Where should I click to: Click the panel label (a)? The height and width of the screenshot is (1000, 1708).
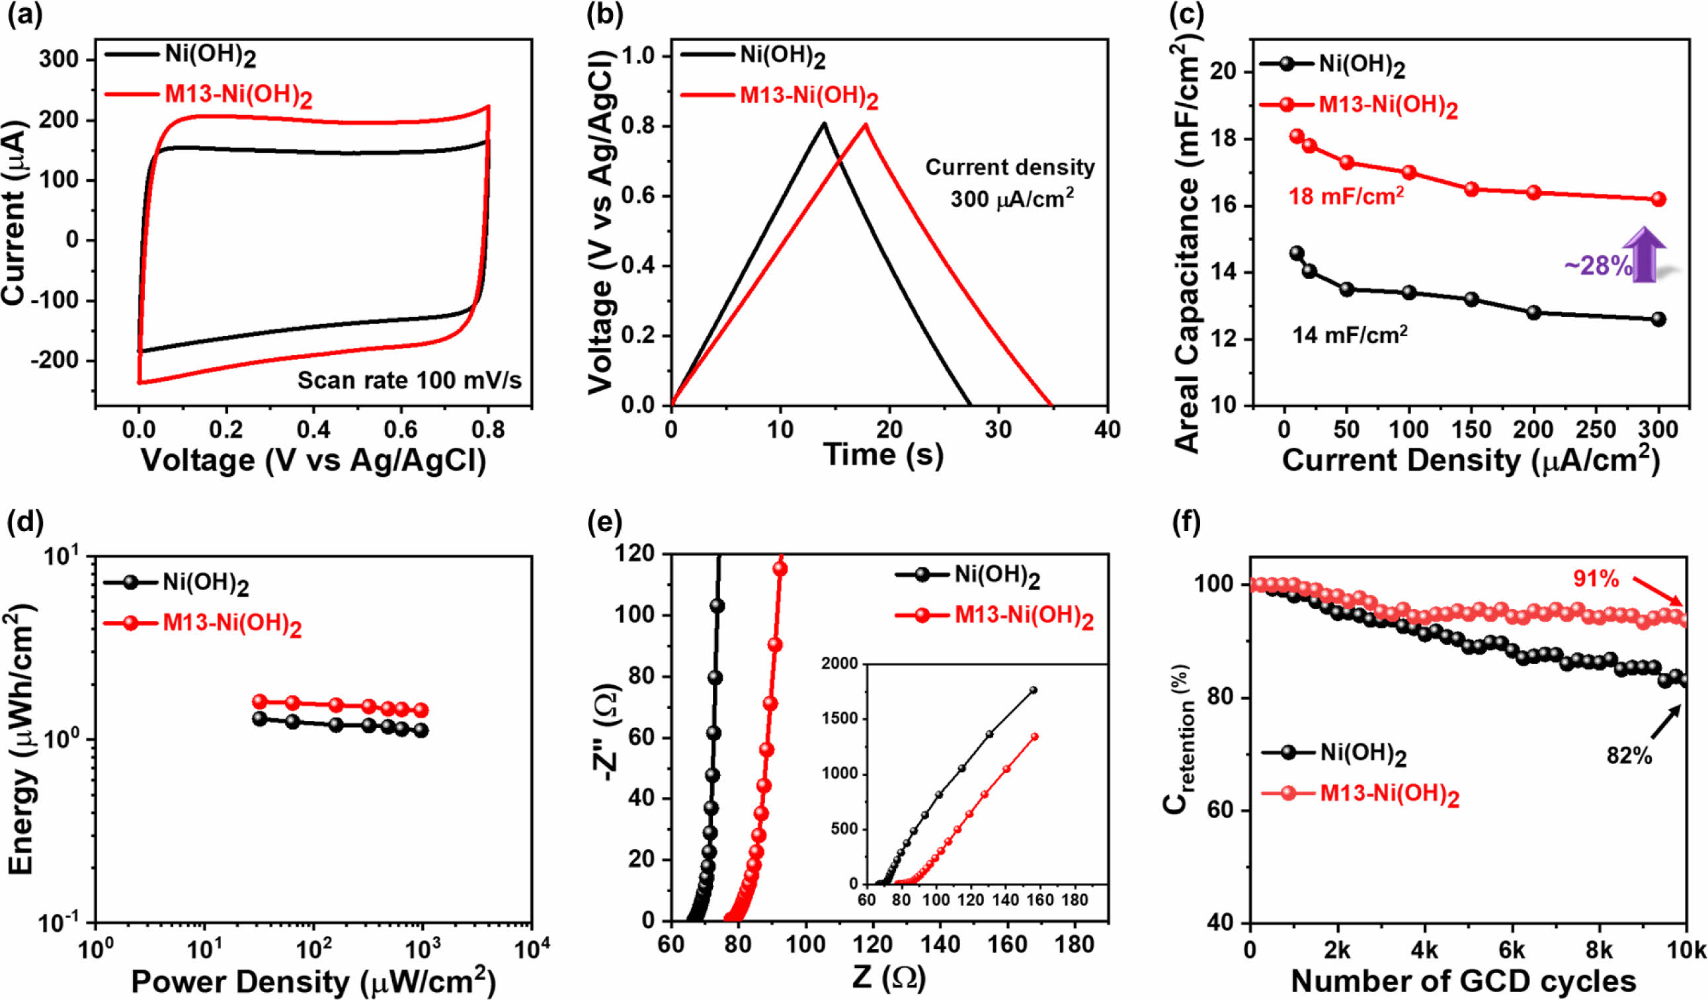(25, 16)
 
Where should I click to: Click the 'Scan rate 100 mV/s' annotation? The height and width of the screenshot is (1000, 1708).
(409, 380)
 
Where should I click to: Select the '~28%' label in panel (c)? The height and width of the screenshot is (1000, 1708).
(1598, 266)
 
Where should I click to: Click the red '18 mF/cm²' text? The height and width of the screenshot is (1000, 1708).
(1346, 196)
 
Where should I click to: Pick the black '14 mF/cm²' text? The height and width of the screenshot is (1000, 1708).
(1350, 335)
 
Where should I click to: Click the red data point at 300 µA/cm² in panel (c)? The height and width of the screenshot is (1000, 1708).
(1658, 199)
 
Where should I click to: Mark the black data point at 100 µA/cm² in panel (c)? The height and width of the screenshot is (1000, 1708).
(1409, 292)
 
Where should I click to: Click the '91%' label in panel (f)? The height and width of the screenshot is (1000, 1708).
(1596, 578)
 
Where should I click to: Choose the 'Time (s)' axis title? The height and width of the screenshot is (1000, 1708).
(883, 454)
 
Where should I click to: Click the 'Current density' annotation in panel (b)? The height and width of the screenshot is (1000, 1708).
(1010, 167)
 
